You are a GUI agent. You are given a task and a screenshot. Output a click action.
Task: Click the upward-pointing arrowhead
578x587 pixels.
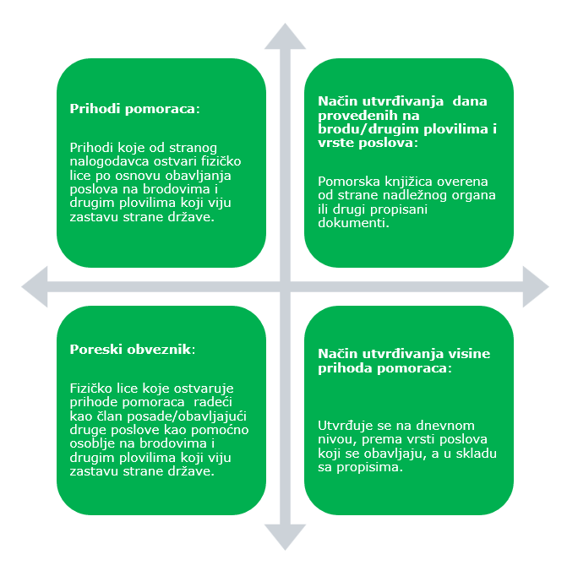[x=285, y=36]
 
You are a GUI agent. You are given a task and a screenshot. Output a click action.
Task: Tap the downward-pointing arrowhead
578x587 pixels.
[x=285, y=537]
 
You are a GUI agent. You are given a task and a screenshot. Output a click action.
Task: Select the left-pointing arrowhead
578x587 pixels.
[x=35, y=287]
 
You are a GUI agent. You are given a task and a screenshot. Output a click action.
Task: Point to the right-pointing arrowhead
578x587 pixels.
[x=536, y=287]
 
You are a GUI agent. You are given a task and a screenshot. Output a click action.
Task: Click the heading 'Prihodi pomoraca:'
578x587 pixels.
[x=135, y=109]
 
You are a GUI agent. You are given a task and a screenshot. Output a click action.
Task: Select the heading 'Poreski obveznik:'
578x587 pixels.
[x=133, y=350]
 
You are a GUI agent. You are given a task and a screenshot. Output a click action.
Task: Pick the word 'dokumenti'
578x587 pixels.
[x=352, y=223]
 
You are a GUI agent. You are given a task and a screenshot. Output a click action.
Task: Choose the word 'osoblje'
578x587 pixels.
[x=92, y=444]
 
